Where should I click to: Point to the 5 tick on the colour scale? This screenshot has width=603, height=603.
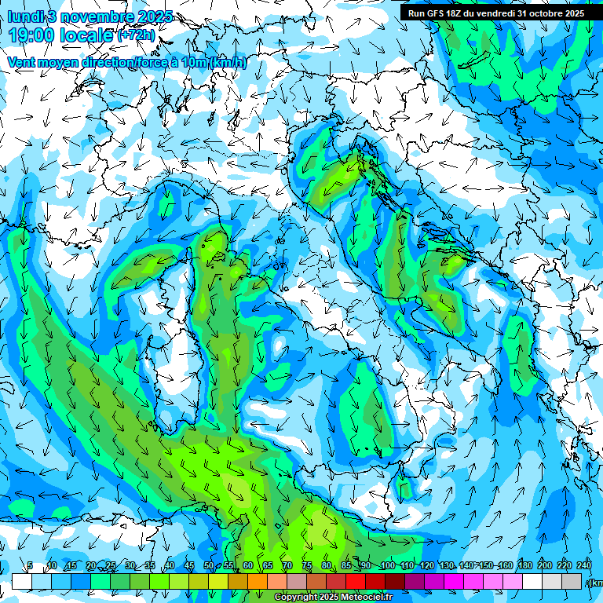(30, 566)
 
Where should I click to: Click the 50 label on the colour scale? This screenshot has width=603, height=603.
(208, 566)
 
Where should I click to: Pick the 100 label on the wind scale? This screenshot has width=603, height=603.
(387, 566)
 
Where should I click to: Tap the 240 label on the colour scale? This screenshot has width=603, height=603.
(584, 566)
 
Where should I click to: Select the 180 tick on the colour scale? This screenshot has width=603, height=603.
(524, 566)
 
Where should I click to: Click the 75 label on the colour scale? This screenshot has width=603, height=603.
(307, 566)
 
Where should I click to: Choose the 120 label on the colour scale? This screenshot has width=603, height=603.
(426, 566)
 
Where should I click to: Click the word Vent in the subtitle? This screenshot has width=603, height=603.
(22, 62)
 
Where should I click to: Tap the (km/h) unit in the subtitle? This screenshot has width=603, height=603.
(228, 63)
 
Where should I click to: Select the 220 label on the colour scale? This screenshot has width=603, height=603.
(565, 566)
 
